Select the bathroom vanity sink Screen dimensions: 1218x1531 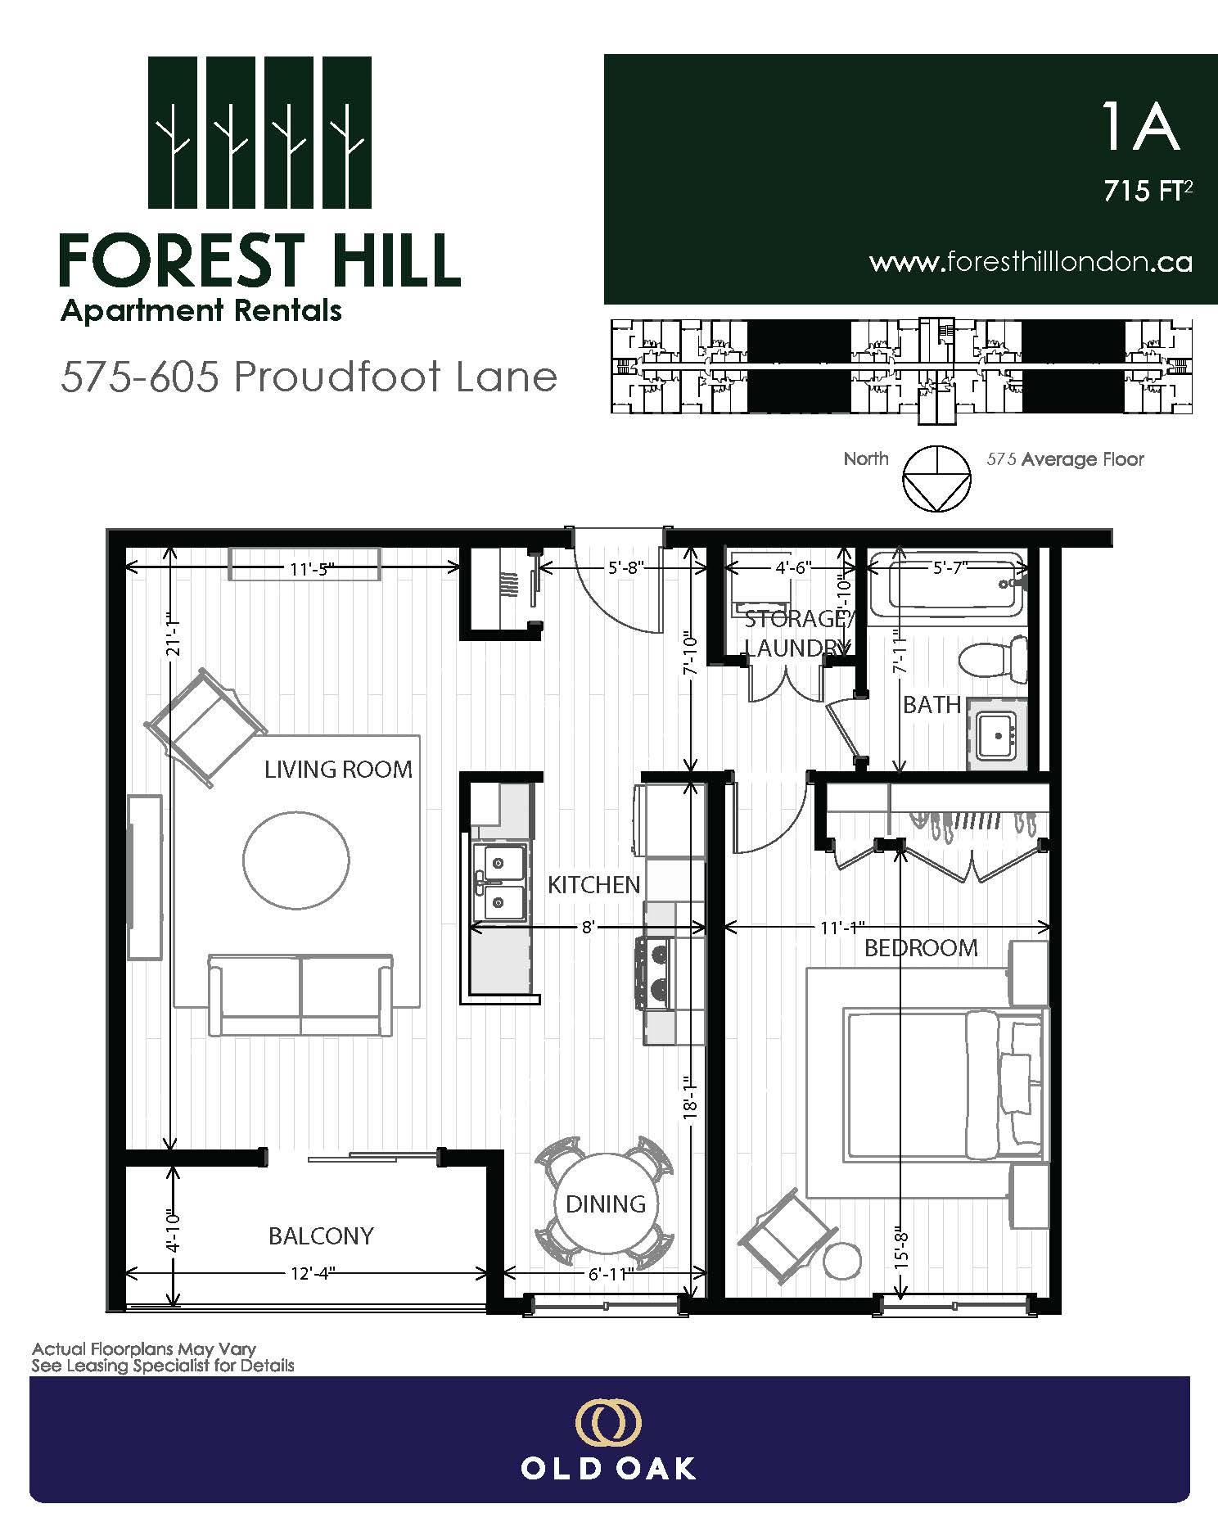click(x=998, y=734)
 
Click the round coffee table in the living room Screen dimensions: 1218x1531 click(x=296, y=860)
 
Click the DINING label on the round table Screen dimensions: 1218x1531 click(x=606, y=1204)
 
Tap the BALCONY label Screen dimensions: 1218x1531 click(x=321, y=1235)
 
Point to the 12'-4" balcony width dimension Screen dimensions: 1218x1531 click(x=308, y=1273)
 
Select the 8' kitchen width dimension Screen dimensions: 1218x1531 click(x=587, y=928)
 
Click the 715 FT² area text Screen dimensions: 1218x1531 click(x=1148, y=191)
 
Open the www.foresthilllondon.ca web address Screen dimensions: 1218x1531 click(x=1030, y=262)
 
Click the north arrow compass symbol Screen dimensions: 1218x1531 click(x=936, y=479)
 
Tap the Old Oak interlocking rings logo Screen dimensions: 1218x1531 click(x=608, y=1424)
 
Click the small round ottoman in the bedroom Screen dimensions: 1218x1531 click(x=842, y=1260)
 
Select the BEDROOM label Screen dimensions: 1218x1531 click(x=921, y=948)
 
